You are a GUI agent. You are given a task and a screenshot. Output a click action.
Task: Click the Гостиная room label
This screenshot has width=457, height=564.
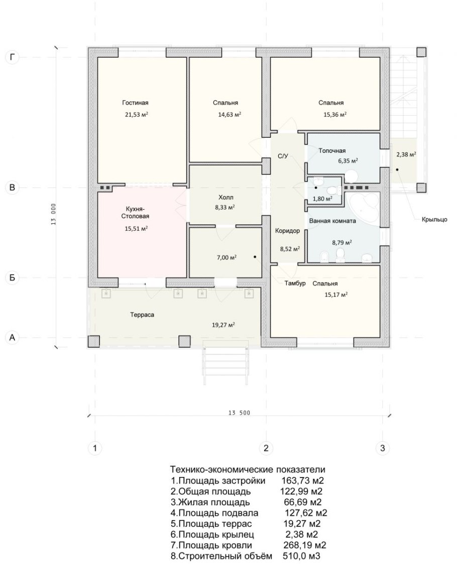pyautogui.click(x=135, y=103)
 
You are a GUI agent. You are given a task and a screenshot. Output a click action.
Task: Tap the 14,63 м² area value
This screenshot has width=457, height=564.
pyautogui.click(x=230, y=115)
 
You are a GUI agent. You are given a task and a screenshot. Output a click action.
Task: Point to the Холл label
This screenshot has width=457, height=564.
pyautogui.click(x=225, y=198)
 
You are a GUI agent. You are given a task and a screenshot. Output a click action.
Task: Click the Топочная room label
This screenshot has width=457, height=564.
pyautogui.click(x=332, y=151)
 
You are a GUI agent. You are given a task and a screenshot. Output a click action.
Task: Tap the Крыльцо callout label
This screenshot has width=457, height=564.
pyautogui.click(x=434, y=219)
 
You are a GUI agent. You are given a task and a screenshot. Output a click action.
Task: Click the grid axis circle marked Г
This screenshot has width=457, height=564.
pyautogui.click(x=13, y=57)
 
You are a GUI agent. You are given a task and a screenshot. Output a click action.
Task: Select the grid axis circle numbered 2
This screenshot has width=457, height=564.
pyautogui.click(x=266, y=448)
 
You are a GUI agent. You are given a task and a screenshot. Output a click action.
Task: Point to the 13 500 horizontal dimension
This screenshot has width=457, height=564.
pyautogui.click(x=239, y=413)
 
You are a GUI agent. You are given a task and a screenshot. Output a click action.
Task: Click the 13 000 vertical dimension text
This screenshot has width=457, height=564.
pyautogui.click(x=53, y=214)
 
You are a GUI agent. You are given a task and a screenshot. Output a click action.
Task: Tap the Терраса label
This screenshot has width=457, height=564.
pyautogui.click(x=142, y=315)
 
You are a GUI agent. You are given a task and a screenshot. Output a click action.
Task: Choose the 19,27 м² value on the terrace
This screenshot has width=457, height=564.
pyautogui.click(x=223, y=325)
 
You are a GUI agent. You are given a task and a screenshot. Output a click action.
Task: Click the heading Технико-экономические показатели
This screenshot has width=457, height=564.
pyautogui.click(x=248, y=469)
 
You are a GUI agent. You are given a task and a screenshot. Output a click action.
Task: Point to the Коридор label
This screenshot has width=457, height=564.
pyautogui.click(x=287, y=231)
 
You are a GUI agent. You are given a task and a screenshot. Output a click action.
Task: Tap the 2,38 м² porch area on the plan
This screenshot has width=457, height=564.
pyautogui.click(x=406, y=154)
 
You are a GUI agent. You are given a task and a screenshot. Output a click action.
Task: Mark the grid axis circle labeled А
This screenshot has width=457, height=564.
pyautogui.click(x=13, y=338)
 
